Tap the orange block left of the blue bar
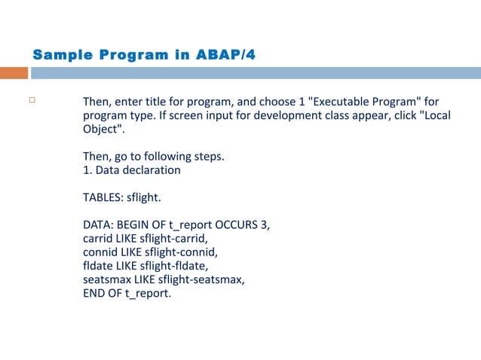coord(14,73)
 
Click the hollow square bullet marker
coord(32,100)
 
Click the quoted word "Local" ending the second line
coord(424,115)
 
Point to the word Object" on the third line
coord(103,129)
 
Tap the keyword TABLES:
coord(103,197)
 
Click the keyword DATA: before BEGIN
coord(98,225)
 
